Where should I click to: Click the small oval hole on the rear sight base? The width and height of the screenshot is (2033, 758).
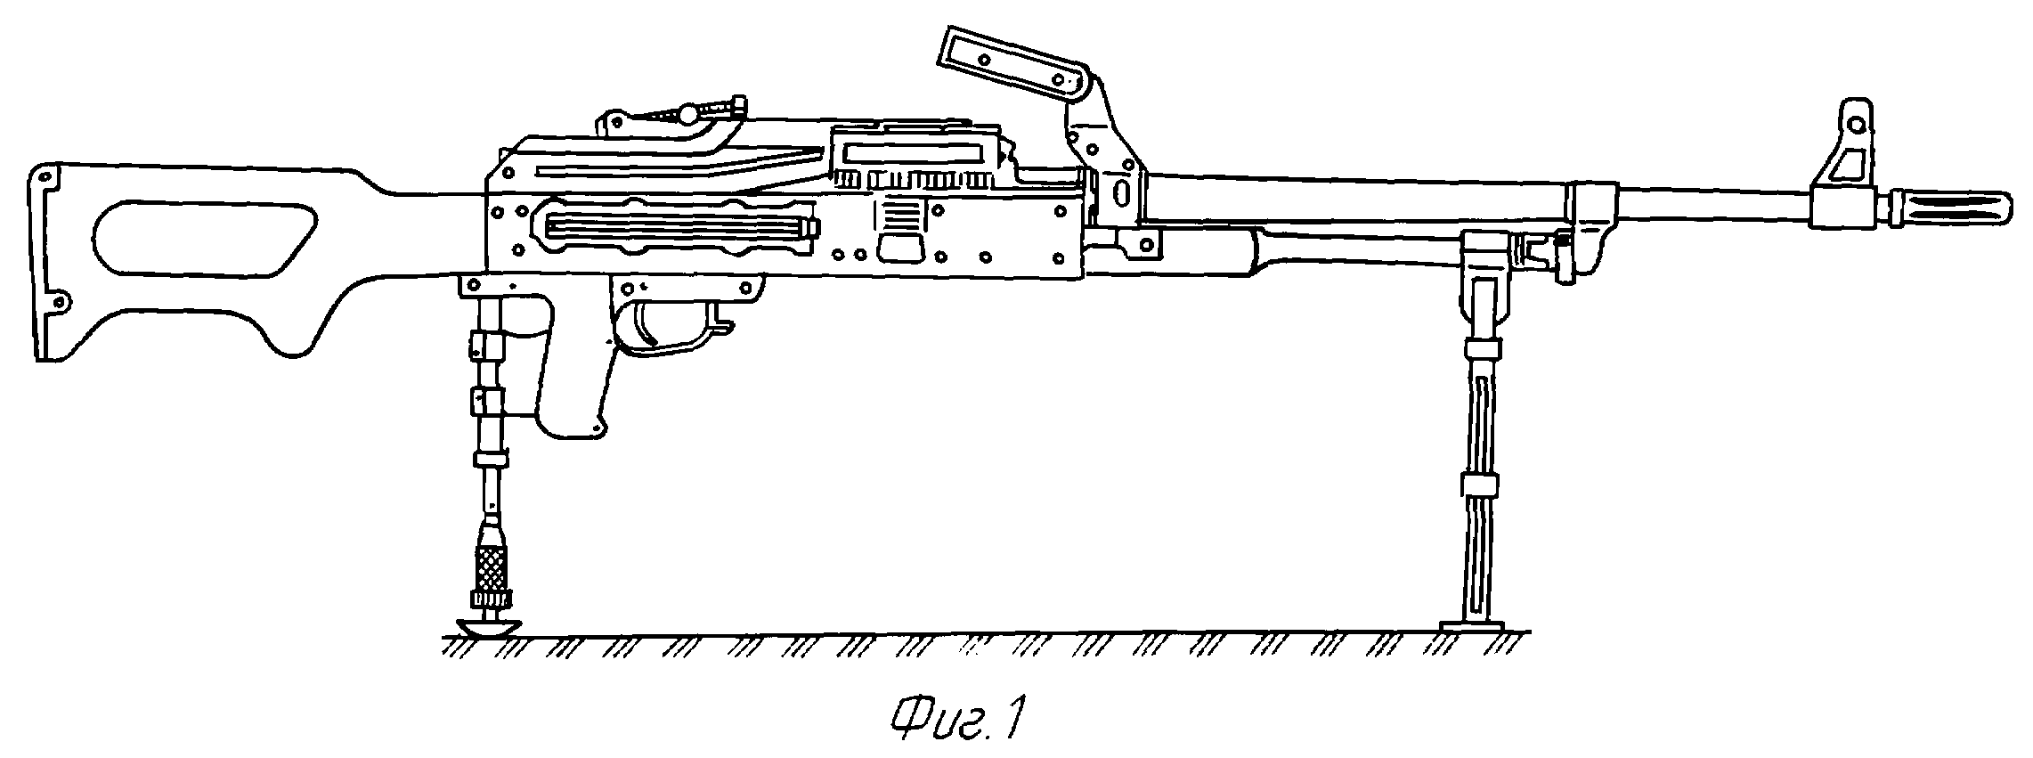pyautogui.click(x=1122, y=192)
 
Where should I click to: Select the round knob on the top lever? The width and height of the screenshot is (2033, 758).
pyautogui.click(x=688, y=115)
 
